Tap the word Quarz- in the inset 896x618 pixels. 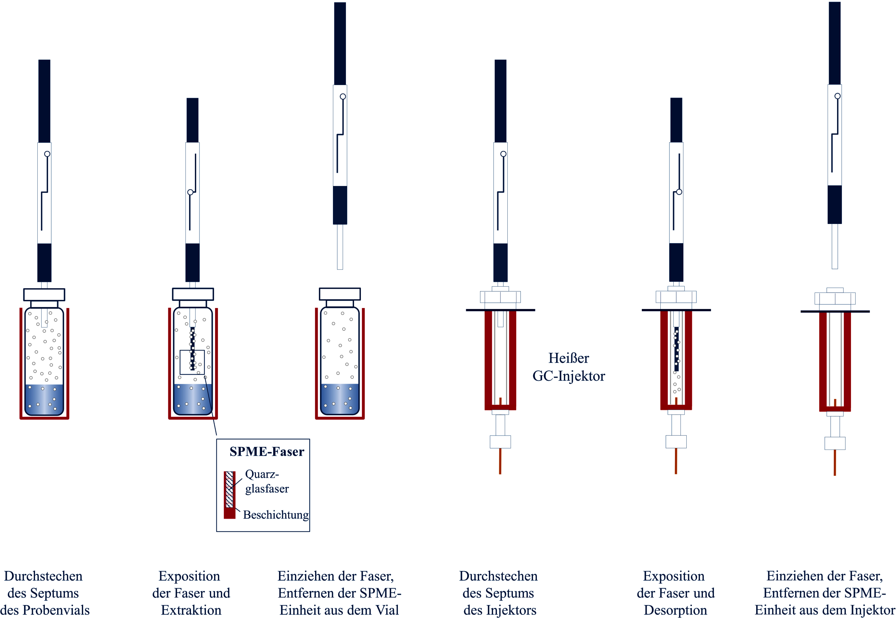262,474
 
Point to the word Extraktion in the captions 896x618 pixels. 191,610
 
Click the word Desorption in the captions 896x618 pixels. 675,610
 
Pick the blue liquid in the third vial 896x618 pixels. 340,399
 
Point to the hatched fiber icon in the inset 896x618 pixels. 229,490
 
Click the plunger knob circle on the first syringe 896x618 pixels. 47,154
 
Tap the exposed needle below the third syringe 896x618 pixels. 340,247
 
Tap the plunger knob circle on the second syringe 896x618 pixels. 190,192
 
